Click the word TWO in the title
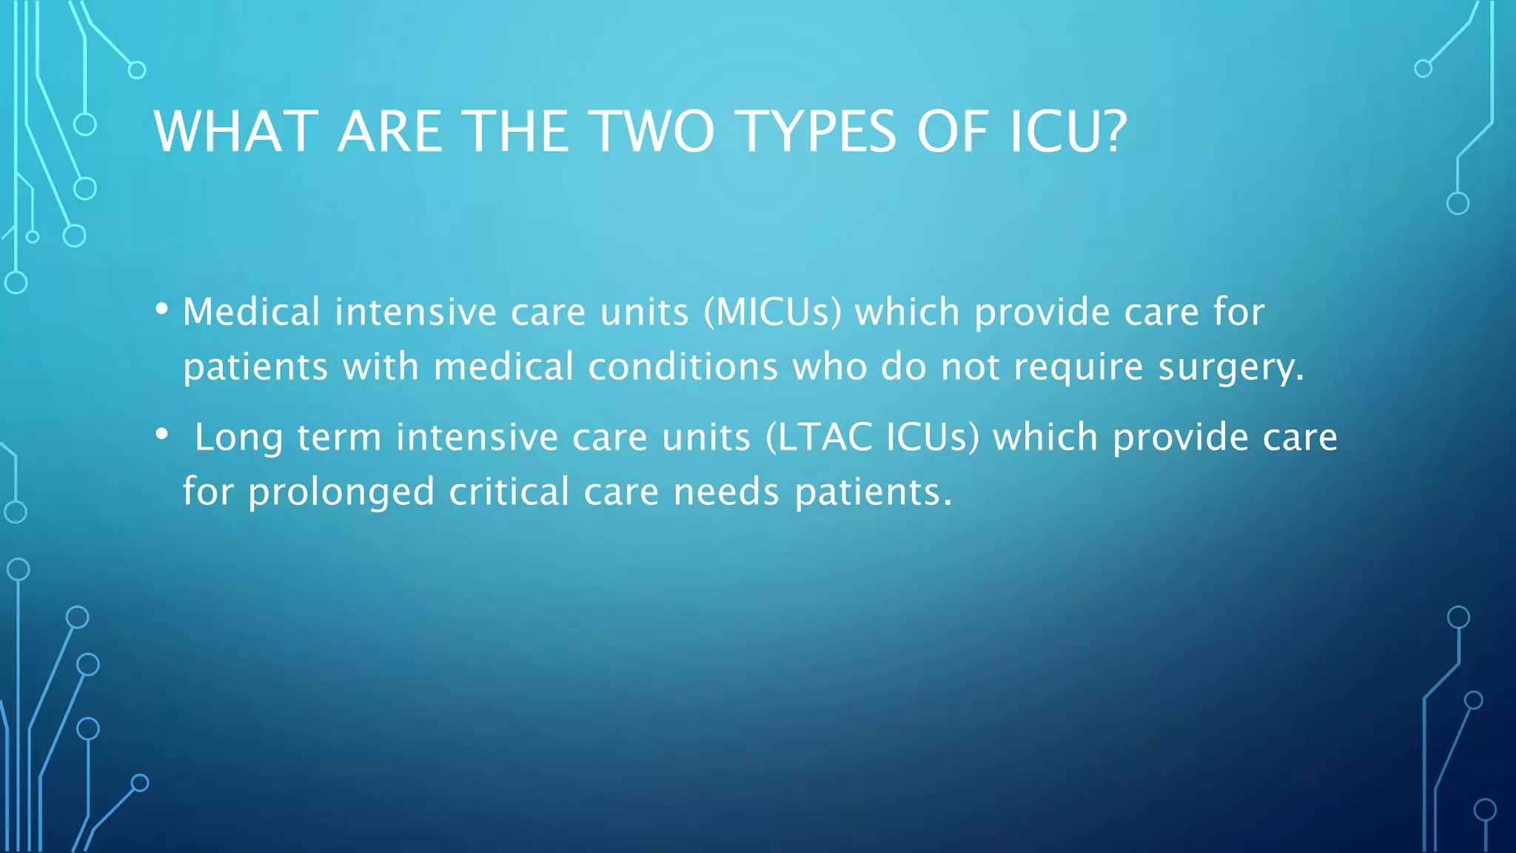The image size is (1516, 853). click(x=654, y=132)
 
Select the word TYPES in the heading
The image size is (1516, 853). click(x=818, y=132)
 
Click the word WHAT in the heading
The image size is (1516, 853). click(x=236, y=132)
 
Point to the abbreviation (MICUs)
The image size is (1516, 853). click(x=772, y=312)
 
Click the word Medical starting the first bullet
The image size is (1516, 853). click(x=251, y=312)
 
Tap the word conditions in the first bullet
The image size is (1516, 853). click(x=682, y=367)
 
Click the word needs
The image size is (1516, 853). click(x=726, y=492)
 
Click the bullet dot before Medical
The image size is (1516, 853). click(x=162, y=310)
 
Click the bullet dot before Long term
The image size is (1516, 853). click(x=162, y=435)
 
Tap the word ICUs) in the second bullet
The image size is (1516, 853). click(x=932, y=437)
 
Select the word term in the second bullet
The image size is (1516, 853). click(x=339, y=437)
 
